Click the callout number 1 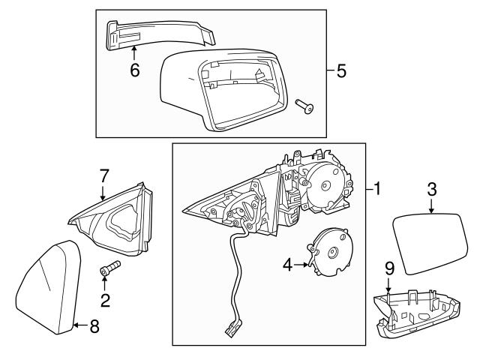point(377,190)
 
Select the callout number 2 point(105,301)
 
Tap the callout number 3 point(431,190)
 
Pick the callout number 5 point(341,72)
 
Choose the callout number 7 point(104,176)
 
